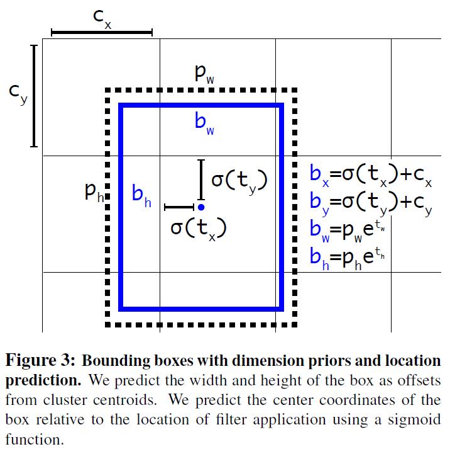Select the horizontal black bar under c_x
coord(102,31)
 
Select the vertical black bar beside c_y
coord(34,95)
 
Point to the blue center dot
coord(200,207)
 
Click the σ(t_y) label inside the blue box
coord(239,181)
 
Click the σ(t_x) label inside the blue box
coord(198,228)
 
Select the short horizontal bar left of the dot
coord(178,207)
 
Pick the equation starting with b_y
coord(371,202)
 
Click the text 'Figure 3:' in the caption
coord(40,361)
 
